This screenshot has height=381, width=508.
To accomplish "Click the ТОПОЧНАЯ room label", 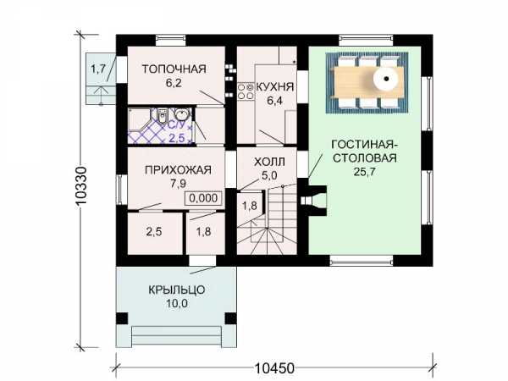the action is click(174, 69).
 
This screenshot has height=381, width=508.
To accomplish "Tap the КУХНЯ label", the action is click(275, 87).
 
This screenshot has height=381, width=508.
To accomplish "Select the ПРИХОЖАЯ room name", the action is click(178, 170).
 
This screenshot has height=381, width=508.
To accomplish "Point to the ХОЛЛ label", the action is click(269, 162).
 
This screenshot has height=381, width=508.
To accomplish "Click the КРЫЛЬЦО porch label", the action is click(177, 290).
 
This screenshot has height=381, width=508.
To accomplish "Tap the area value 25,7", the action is click(364, 172).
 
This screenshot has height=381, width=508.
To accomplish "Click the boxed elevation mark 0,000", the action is click(203, 197).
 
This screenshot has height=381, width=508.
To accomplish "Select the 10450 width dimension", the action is click(274, 368).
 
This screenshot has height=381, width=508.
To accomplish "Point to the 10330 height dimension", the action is click(80, 185).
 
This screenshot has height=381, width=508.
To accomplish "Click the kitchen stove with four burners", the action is click(246, 91).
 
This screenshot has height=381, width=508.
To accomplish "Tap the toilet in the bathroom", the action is click(163, 115).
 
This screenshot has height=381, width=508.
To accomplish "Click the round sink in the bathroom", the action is click(182, 114).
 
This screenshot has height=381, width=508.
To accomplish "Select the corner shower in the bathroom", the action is click(140, 120).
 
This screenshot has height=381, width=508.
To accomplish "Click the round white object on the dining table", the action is click(387, 79).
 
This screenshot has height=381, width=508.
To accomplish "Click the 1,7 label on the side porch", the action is click(98, 69).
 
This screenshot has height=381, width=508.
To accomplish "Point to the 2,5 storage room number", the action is click(154, 232).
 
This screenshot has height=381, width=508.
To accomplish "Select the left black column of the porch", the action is click(122, 318).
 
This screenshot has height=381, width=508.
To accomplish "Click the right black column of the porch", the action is click(231, 318).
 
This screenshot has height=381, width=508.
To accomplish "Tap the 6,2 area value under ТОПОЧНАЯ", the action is click(174, 83).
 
